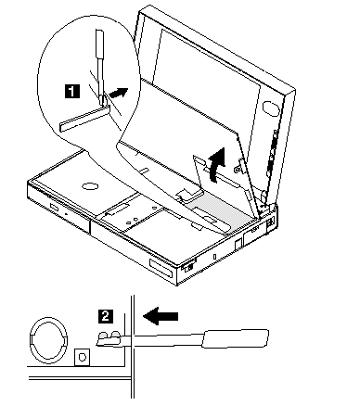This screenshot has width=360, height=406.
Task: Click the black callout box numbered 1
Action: click(71, 92)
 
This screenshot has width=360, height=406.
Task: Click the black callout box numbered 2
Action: click(106, 316)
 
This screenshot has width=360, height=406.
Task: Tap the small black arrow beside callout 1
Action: click(118, 93)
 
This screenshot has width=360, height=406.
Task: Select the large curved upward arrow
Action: click(216, 165)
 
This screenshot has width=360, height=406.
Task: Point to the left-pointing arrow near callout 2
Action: click(161, 316)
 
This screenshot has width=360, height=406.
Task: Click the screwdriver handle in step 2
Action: click(236, 338)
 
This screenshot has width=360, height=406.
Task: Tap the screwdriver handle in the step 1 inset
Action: click(99, 44)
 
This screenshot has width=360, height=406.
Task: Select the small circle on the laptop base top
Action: click(90, 186)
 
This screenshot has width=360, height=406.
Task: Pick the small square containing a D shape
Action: click(83, 357)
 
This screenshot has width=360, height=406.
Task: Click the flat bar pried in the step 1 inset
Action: click(84, 118)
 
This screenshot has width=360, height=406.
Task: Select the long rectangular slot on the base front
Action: click(161, 268)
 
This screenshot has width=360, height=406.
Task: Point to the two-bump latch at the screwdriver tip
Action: click(109, 338)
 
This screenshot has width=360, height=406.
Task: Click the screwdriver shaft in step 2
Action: click(167, 339)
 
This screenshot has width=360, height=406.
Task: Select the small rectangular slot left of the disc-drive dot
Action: click(54, 206)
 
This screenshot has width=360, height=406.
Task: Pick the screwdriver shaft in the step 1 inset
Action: click(100, 81)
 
